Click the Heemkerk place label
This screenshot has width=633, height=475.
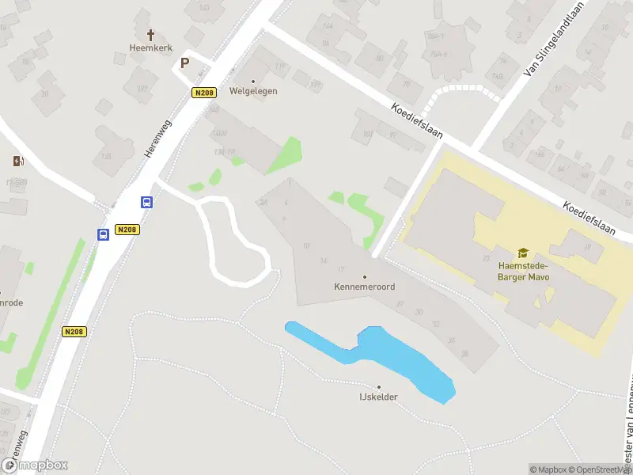click(150, 47)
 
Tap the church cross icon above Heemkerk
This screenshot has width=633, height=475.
click(150, 35)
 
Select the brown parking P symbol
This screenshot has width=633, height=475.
click(185, 63)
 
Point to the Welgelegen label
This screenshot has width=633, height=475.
click(253, 91)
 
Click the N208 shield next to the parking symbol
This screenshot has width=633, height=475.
click(204, 93)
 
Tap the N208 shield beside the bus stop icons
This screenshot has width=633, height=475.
click(127, 230)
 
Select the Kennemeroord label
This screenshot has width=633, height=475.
click(364, 287)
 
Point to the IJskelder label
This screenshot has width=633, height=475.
click(378, 397)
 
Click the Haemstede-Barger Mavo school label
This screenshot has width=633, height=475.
click(522, 272)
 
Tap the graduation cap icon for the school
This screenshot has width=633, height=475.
click(522, 253)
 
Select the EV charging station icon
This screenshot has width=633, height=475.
click(18, 161)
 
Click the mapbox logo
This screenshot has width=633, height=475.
click(35, 465)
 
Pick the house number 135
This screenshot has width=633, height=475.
click(106, 157)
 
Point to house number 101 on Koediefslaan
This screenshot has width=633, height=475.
click(367, 134)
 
